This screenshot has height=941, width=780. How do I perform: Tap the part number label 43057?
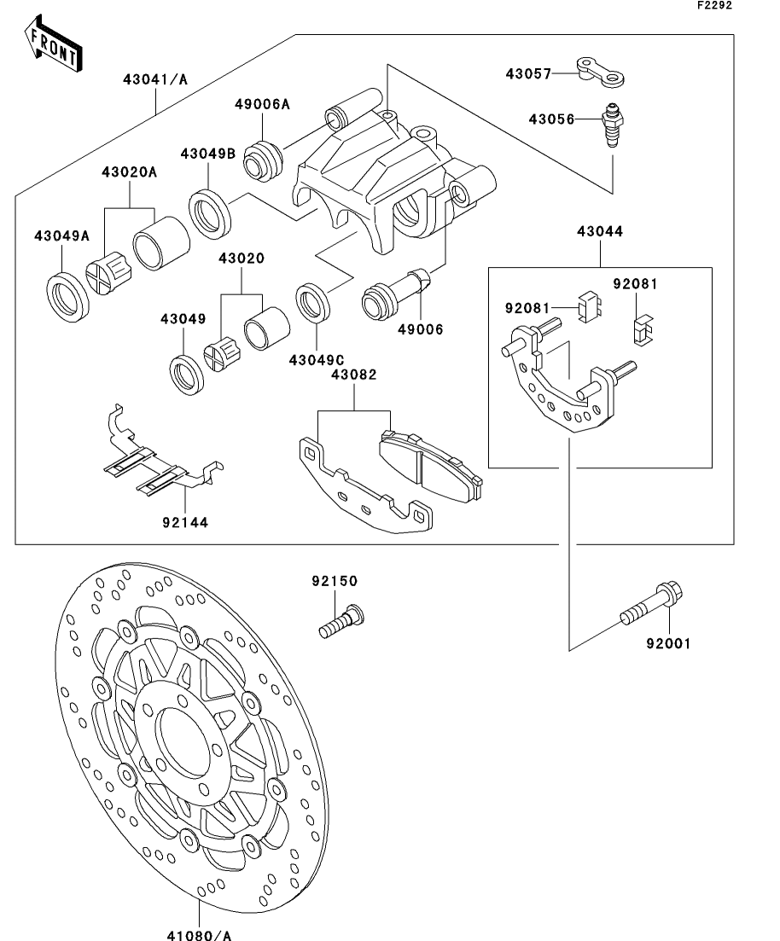click(528, 74)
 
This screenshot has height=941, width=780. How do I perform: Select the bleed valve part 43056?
click(612, 125)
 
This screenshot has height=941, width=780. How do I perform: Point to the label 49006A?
click(262, 104)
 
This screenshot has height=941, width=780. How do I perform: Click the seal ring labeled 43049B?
click(210, 213)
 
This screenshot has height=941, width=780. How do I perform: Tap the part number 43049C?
click(317, 360)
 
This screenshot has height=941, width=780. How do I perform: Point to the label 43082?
click(354, 375)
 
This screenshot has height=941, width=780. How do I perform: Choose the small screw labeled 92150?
click(341, 622)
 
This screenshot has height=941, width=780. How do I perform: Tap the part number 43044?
click(600, 231)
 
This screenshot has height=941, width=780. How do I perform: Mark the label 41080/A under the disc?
click(199, 934)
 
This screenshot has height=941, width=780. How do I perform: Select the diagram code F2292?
click(714, 5)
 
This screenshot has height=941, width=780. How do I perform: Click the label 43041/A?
click(155, 79)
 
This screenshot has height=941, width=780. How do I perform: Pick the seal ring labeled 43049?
click(188, 375)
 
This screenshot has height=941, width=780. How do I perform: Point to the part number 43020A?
click(129, 172)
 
